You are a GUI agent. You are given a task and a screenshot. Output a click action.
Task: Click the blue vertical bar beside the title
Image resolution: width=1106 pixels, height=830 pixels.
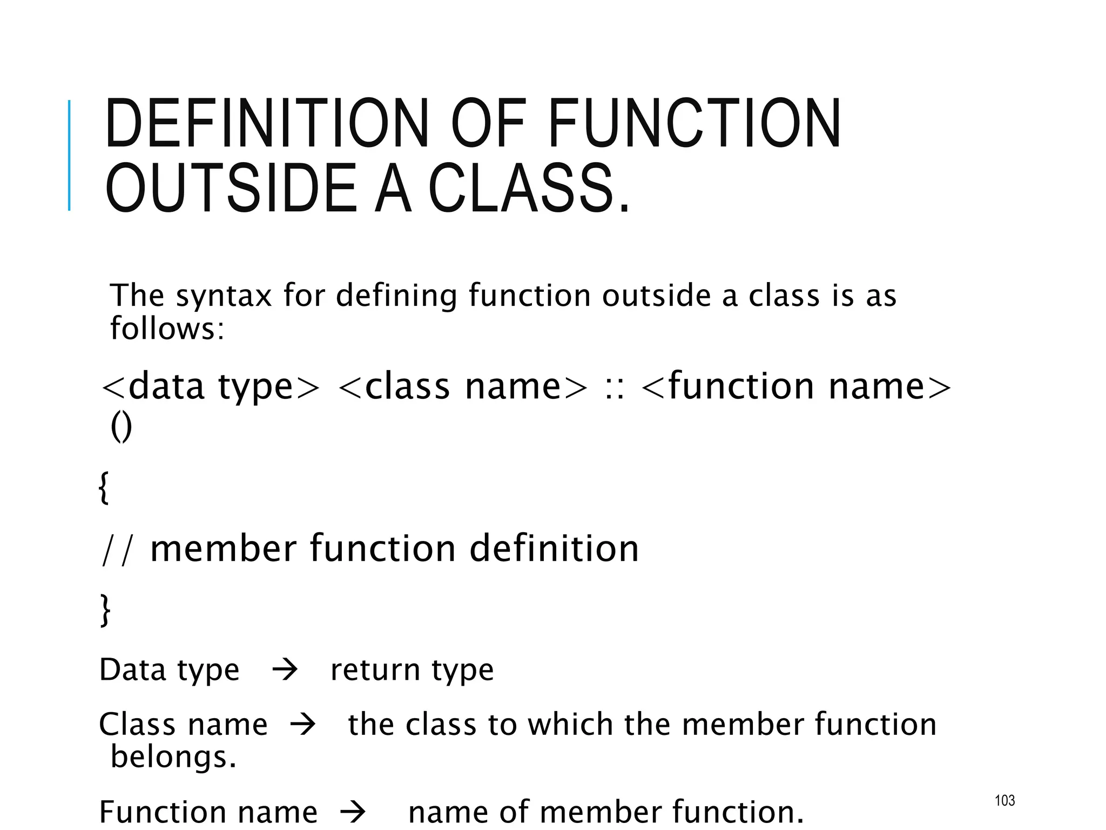tap(69, 155)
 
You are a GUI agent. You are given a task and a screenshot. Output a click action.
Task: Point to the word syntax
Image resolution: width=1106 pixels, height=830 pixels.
tap(224, 296)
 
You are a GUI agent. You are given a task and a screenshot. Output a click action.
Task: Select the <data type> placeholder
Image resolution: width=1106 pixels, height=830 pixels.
tap(211, 387)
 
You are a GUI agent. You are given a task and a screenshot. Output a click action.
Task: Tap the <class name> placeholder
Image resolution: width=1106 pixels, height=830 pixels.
tap(462, 387)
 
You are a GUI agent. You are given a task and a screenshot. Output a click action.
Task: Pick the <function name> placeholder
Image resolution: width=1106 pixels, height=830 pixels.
tap(797, 387)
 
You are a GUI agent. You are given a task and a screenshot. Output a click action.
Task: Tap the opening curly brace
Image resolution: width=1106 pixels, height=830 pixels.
tap(104, 487)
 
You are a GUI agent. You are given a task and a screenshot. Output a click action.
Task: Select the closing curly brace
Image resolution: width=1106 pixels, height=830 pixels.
tap(105, 610)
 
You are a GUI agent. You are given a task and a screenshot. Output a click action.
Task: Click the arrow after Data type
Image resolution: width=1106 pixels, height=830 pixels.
tap(285, 671)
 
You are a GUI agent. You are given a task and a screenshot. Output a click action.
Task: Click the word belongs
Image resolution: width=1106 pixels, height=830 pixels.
tap(173, 757)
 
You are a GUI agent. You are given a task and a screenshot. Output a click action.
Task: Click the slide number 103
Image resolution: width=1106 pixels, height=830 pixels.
tap(1004, 800)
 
